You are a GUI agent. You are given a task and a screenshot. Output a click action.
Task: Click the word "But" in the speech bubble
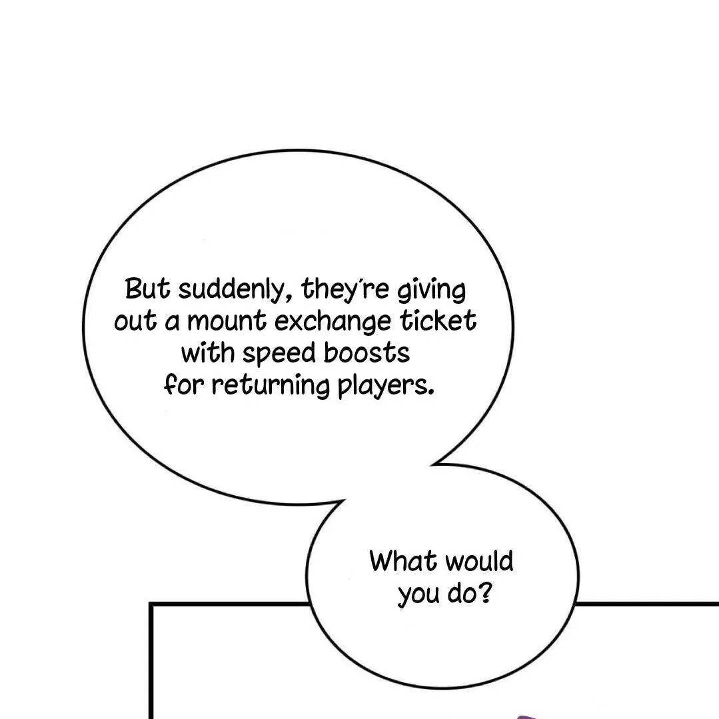point(149,290)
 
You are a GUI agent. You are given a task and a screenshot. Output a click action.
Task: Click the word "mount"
point(227,322)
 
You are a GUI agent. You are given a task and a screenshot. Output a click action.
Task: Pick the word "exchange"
point(323,322)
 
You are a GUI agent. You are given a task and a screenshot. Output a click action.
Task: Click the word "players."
point(386,386)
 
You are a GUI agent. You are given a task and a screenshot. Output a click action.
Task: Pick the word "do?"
point(469,592)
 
